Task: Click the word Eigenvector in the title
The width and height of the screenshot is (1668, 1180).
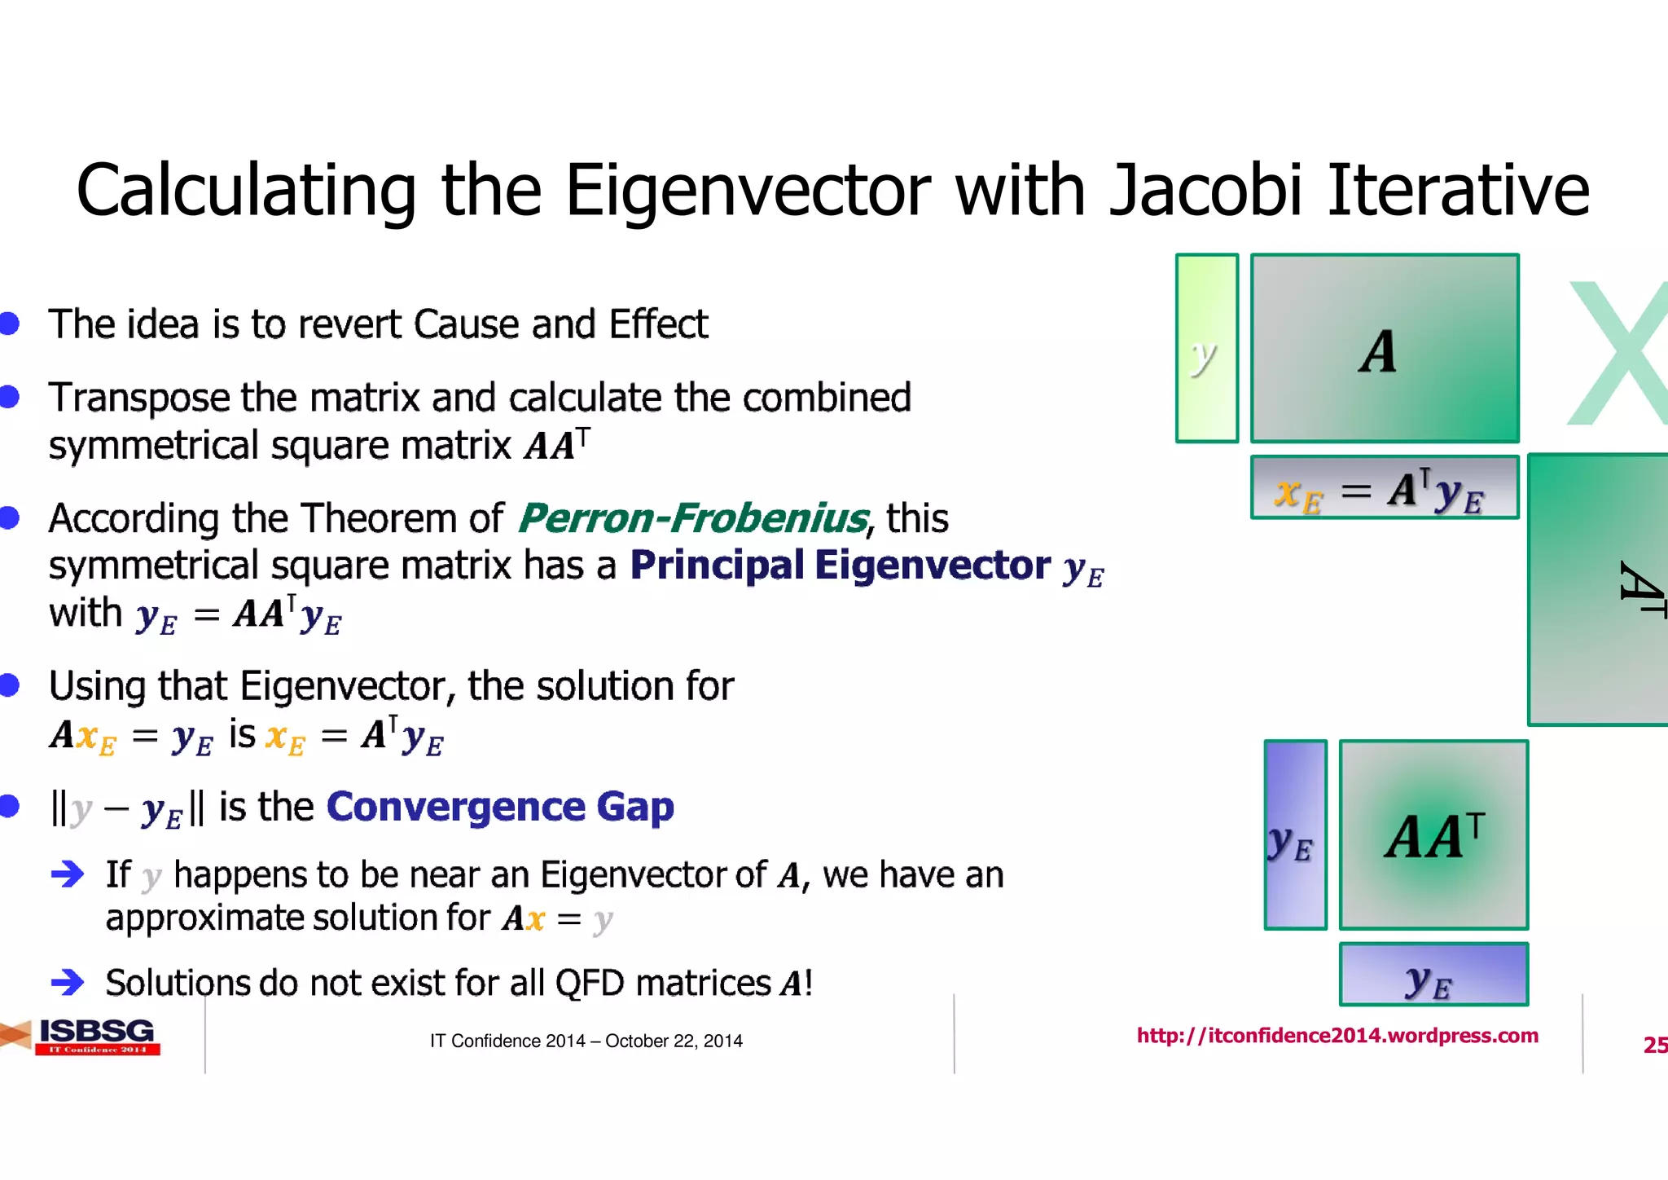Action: pyautogui.click(x=747, y=192)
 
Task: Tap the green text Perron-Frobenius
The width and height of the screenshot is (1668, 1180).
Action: pyautogui.click(x=693, y=518)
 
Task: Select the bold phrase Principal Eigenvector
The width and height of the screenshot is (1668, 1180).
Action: pyautogui.click(x=840, y=565)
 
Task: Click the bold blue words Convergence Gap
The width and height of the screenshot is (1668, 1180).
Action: pyautogui.click(x=500, y=807)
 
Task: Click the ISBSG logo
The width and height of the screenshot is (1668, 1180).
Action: pyautogui.click(x=96, y=1037)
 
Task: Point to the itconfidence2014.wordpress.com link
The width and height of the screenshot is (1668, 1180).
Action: pyautogui.click(x=1337, y=1036)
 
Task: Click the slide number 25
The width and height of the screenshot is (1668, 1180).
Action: pyautogui.click(x=1654, y=1045)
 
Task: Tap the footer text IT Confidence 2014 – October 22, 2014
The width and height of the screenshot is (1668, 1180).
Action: pyautogui.click(x=586, y=1041)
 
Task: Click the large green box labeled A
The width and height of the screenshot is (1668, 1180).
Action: pyautogui.click(x=1385, y=349)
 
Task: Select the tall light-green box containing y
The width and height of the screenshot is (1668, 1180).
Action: pyautogui.click(x=1207, y=349)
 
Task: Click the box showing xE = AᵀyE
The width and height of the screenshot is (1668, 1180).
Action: pyautogui.click(x=1385, y=488)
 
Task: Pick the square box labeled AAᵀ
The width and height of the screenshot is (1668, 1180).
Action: pyautogui.click(x=1433, y=835)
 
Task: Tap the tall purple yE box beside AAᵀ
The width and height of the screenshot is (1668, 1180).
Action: pyautogui.click(x=1295, y=835)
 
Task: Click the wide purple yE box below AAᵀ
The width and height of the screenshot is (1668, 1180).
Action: pyautogui.click(x=1433, y=975)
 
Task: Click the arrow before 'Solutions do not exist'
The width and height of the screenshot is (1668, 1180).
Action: pyautogui.click(x=68, y=982)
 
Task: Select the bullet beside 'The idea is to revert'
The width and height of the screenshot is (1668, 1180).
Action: pyautogui.click(x=10, y=324)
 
